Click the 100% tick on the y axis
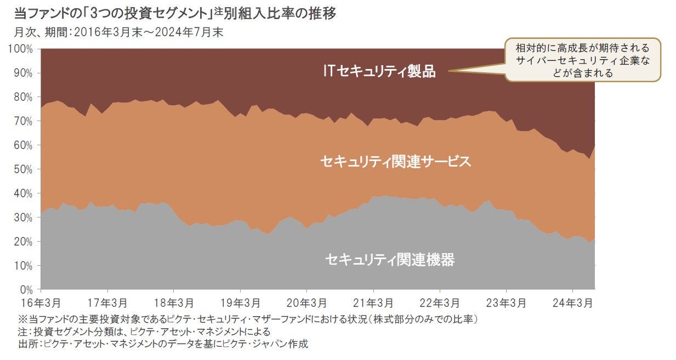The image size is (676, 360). click(x=21, y=49)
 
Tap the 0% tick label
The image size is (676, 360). click(x=26, y=289)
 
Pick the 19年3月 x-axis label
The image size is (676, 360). click(x=240, y=302)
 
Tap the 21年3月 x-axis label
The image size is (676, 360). click(x=373, y=302)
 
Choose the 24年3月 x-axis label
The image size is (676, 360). click(x=572, y=302)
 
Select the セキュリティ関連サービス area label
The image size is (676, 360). click(x=396, y=161)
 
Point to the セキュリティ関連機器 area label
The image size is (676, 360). click(x=390, y=259)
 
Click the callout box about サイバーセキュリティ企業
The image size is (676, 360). click(x=582, y=60)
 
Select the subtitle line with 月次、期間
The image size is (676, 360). click(x=118, y=32)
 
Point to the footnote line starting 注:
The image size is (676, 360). click(x=144, y=332)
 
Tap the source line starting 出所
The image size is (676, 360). click(x=163, y=344)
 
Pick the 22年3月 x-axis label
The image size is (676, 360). click(x=440, y=302)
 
